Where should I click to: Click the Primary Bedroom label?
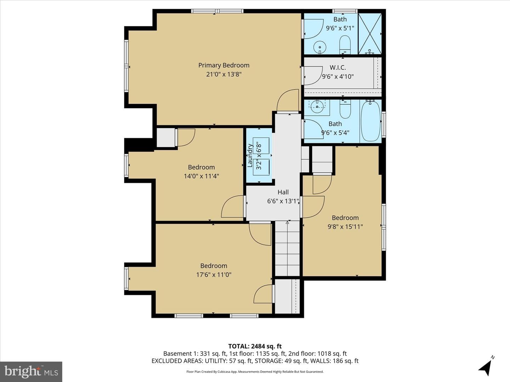224,65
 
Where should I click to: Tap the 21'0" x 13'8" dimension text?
224,74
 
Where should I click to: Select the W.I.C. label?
338,68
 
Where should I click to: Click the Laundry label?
250,155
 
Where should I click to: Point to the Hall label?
283,192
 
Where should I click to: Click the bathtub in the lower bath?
370,121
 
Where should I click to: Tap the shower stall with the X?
370,34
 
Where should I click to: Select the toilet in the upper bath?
345,45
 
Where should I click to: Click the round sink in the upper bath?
320,47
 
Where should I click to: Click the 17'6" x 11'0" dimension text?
214,274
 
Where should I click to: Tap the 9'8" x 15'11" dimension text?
345,226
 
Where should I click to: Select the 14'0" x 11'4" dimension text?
201,176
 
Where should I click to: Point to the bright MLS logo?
31,371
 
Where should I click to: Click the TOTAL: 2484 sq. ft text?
255,346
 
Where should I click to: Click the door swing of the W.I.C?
313,76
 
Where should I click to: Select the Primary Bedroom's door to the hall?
288,100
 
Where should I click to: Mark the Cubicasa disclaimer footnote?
255,371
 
